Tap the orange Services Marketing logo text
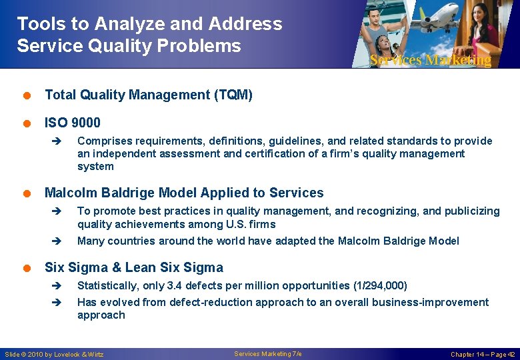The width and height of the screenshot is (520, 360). [x=430, y=60]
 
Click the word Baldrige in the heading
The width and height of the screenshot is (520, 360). [x=123, y=193]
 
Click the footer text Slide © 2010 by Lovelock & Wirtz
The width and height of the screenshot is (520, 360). [x=55, y=355]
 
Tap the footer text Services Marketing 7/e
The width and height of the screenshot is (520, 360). [x=268, y=354]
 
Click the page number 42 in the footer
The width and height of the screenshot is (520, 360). [x=511, y=355]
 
